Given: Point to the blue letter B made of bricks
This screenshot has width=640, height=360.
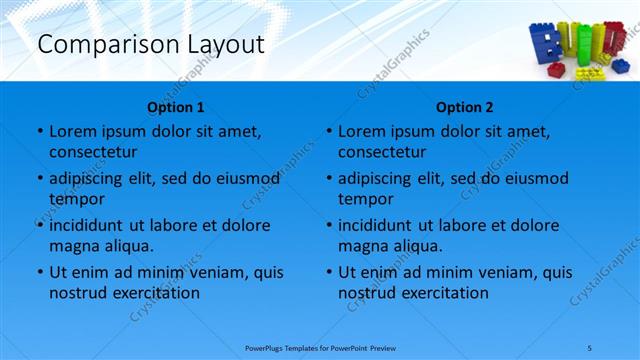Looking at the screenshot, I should click(544, 44).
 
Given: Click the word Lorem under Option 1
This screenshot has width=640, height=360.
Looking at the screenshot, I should click(72, 131).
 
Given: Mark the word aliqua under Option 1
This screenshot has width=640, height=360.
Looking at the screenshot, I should click(128, 246).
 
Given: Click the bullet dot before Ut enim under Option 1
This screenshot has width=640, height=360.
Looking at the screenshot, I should click(39, 272).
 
